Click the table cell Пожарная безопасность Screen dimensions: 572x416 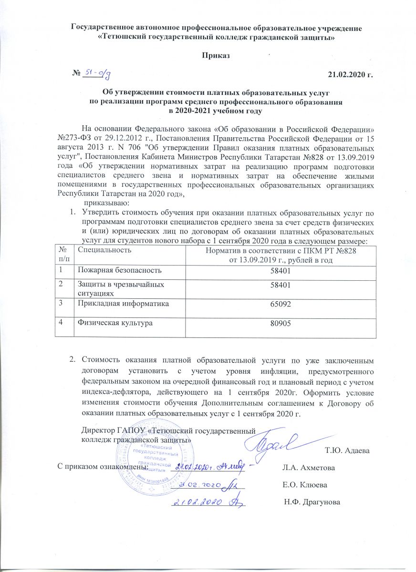117,270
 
